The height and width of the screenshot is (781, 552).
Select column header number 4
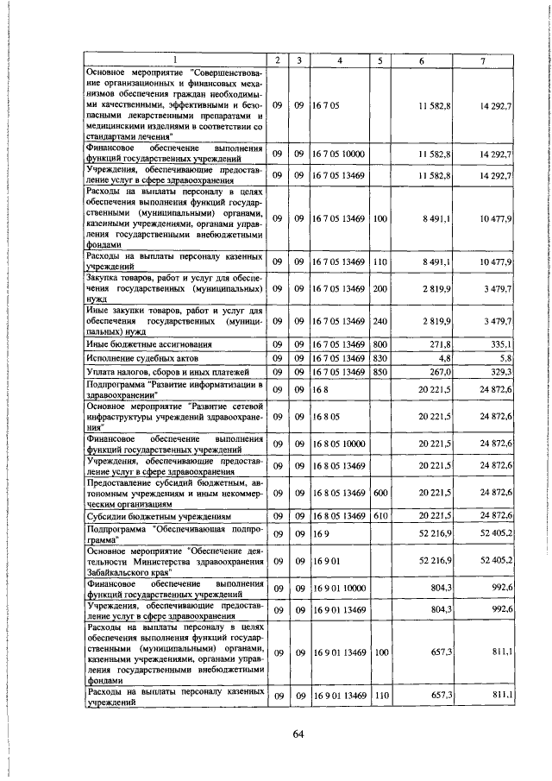(340, 60)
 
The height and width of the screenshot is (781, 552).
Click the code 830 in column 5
(379, 357)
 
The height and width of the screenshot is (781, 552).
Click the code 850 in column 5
(379, 371)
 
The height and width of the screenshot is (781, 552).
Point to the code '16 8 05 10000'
(341, 444)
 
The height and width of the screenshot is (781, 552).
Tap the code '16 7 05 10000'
(341, 154)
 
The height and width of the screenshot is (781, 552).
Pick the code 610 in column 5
(379, 516)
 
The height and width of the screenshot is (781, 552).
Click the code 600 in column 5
(379, 493)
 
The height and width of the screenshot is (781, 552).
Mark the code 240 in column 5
(379, 320)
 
